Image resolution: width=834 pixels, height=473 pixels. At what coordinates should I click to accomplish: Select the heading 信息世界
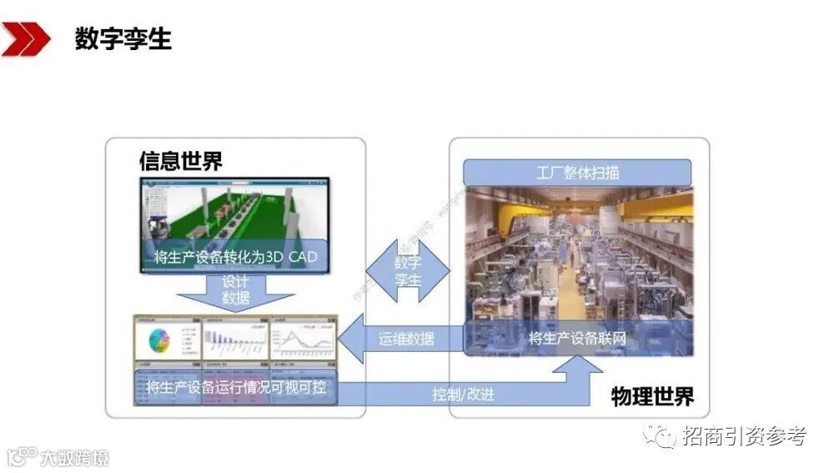(x=181, y=161)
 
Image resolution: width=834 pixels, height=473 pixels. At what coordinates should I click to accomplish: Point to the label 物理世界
(x=651, y=395)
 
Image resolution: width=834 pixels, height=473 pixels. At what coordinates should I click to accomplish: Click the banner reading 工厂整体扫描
(x=578, y=173)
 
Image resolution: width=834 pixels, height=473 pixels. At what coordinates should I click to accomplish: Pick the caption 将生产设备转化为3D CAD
(x=236, y=257)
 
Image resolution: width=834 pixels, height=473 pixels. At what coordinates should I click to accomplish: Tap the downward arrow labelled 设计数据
(x=236, y=290)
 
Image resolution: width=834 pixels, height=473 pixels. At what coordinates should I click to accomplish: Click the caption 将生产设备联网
(x=577, y=339)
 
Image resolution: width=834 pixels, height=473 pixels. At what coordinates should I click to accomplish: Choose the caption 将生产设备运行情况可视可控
(x=236, y=387)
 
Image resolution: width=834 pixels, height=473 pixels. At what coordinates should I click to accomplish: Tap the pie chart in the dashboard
(x=159, y=340)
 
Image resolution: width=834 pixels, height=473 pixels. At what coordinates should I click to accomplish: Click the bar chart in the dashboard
(x=234, y=340)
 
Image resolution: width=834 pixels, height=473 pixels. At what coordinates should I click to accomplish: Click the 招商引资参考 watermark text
(x=743, y=435)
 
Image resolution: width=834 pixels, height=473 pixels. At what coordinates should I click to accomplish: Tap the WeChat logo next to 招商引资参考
(x=665, y=435)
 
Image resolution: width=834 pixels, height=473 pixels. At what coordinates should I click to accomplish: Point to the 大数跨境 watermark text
(x=78, y=457)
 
